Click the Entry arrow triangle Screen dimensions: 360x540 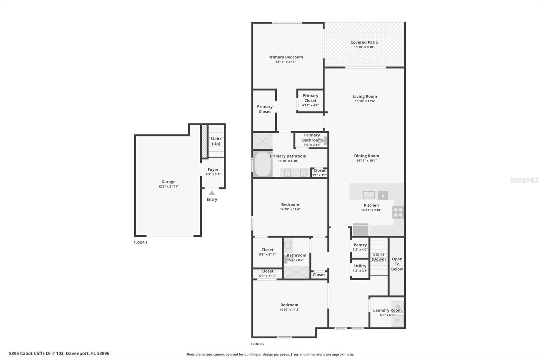tap(212, 193)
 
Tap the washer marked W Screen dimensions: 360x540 tap(398, 307)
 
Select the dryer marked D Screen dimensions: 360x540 tap(398, 321)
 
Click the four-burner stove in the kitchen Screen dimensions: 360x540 tap(398, 212)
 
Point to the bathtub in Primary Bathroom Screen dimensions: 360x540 tap(263, 164)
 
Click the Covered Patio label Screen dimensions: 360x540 tap(364, 43)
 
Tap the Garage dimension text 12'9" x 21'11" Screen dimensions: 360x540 tap(168, 186)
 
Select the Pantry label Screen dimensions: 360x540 tap(360, 245)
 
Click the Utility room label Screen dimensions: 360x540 tap(360, 266)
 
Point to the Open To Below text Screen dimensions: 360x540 tap(397, 264)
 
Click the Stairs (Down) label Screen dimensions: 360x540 tap(378, 257)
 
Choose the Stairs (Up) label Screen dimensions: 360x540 tap(216, 141)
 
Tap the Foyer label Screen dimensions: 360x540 tap(213, 170)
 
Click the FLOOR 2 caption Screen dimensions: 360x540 tap(258, 344)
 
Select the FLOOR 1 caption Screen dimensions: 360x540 tap(140, 242)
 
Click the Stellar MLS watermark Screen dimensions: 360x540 tap(524, 180)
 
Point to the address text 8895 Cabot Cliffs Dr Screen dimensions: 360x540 tap(59, 354)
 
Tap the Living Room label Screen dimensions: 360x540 tap(365, 97)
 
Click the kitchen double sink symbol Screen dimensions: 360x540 tap(369, 195)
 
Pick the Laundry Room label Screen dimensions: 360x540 tap(387, 310)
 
